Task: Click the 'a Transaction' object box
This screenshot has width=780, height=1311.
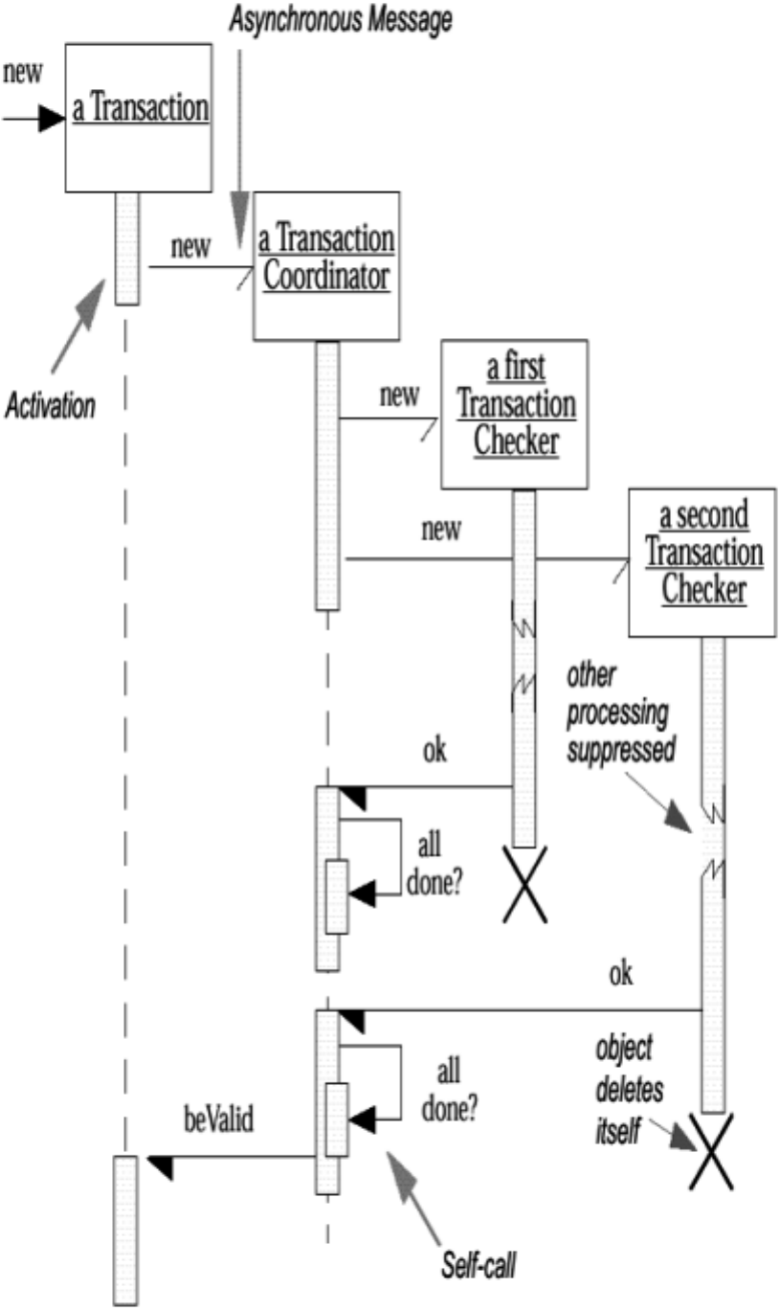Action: pyautogui.click(x=139, y=117)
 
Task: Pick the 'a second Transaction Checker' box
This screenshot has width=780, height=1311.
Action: pyautogui.click(x=702, y=561)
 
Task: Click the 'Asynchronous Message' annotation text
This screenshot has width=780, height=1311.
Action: pyautogui.click(x=340, y=21)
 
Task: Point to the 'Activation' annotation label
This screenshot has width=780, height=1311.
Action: pyautogui.click(x=50, y=405)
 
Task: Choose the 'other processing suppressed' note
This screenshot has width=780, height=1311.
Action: pyautogui.click(x=618, y=712)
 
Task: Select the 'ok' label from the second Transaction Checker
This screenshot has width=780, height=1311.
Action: pyautogui.click(x=620, y=974)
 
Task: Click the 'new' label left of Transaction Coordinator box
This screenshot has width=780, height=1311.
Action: pyautogui.click(x=190, y=247)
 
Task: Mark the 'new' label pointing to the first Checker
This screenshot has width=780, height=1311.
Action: pyautogui.click(x=398, y=396)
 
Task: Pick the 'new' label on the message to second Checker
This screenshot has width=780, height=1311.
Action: pyautogui.click(x=440, y=529)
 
